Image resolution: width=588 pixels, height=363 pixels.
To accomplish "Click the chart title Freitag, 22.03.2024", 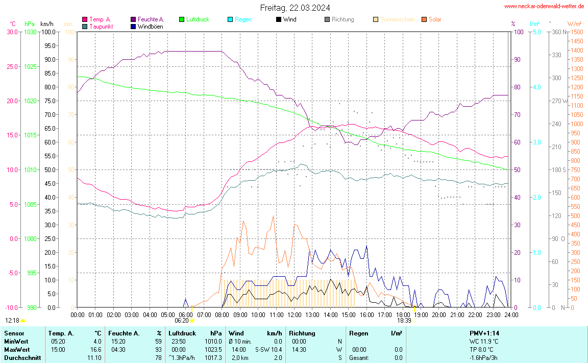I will pyautogui.click(x=295, y=8).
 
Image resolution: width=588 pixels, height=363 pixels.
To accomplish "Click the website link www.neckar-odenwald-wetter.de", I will pyautogui.click(x=544, y=6).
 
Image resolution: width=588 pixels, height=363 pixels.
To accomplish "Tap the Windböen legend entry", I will pyautogui.click(x=151, y=27).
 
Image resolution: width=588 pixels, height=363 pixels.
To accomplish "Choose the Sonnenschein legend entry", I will pyautogui.click(x=397, y=19).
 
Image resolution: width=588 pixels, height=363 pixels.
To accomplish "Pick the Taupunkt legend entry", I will pyautogui.click(x=101, y=27).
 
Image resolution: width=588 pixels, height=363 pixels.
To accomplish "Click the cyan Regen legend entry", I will pyautogui.click(x=243, y=19).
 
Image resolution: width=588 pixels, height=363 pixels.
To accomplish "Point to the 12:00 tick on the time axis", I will pyautogui.click(x=294, y=314).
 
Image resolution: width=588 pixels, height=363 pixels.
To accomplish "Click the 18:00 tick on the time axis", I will pyautogui.click(x=403, y=314).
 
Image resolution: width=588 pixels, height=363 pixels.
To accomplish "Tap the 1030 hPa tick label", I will pyautogui.click(x=31, y=32).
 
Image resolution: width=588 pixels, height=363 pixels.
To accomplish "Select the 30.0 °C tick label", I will pyautogui.click(x=12, y=32).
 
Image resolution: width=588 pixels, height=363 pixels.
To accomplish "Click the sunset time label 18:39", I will pyautogui.click(x=404, y=321).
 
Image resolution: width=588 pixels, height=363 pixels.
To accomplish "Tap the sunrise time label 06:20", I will pyautogui.click(x=182, y=321).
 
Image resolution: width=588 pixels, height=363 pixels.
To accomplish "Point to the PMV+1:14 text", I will pyautogui.click(x=484, y=333).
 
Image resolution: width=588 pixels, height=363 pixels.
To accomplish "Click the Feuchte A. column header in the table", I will pyautogui.click(x=124, y=333).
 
